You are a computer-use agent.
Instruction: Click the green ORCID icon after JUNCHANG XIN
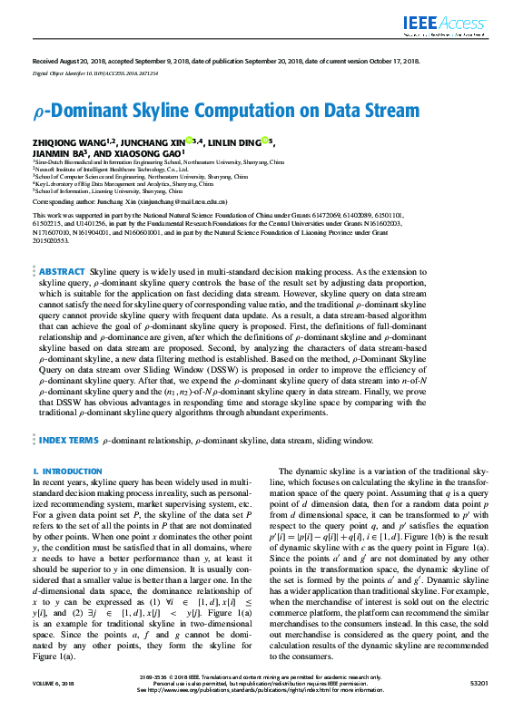[190, 141]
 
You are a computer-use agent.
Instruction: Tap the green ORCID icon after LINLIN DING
[265, 141]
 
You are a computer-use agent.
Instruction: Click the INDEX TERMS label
[68, 441]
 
